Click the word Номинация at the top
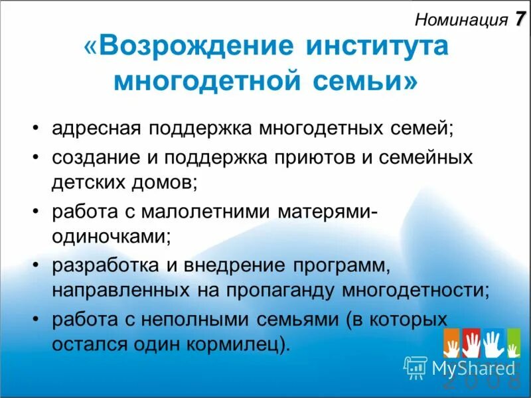[461, 20]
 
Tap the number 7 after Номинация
[518, 19]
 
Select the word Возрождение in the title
[196, 48]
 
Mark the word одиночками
[109, 235]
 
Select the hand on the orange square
[453, 343]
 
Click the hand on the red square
[471, 343]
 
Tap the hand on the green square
[513, 343]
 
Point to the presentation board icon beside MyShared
[416, 367]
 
